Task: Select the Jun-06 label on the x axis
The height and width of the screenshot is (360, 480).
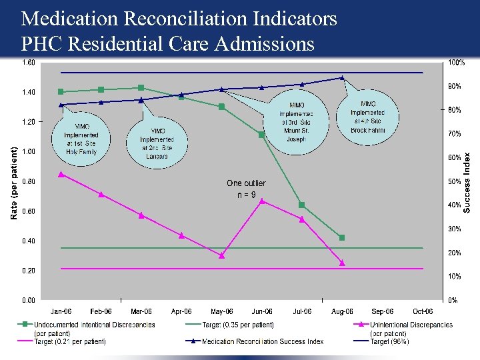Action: point(262,311)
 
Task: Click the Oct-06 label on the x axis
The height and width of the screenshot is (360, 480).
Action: point(423,311)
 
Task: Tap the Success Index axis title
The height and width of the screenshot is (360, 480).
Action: point(467,182)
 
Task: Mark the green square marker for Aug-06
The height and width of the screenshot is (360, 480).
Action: point(342,237)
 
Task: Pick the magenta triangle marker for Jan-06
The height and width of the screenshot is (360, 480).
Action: point(61,174)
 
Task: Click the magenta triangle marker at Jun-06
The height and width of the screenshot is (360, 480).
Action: point(262,200)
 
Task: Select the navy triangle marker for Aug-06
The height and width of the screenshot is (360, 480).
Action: point(342,78)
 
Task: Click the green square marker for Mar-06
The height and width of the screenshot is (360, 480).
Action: point(141,87)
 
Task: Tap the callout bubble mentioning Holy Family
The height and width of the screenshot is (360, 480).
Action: point(81,139)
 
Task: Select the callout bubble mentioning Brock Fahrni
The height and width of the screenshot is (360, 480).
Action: point(368,117)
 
